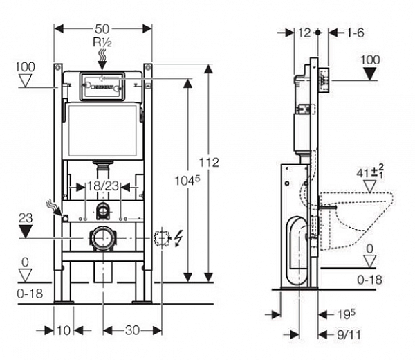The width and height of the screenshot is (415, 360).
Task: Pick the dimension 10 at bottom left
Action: [63, 330]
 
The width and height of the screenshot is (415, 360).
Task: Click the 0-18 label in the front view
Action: [30, 293]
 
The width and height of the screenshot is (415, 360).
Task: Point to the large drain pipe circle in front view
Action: [102, 238]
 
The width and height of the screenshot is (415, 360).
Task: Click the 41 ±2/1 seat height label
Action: [377, 170]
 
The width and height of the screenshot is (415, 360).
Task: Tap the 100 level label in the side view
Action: [371, 60]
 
